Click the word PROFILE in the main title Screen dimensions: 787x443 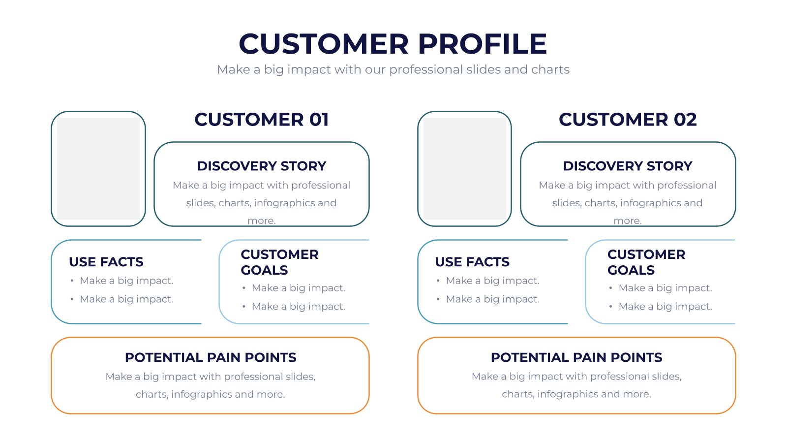click(x=482, y=44)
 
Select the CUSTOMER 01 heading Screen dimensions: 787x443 click(x=261, y=120)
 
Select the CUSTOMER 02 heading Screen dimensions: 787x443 click(x=628, y=120)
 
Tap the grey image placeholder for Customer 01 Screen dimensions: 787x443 click(x=98, y=169)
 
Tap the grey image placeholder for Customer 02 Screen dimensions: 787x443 click(x=464, y=169)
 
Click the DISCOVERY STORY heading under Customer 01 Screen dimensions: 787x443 click(x=261, y=166)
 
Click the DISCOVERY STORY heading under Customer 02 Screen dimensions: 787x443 click(x=628, y=166)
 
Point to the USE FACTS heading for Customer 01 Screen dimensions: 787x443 click(x=106, y=262)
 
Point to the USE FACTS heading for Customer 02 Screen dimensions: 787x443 click(x=472, y=262)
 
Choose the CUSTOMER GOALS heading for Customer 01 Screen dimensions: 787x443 click(x=280, y=262)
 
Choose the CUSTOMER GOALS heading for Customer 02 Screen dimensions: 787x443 click(x=646, y=262)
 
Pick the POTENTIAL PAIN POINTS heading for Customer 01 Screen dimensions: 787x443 click(x=211, y=357)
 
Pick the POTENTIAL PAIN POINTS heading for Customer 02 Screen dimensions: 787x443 click(x=576, y=357)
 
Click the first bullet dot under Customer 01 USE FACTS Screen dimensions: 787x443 click(x=72, y=281)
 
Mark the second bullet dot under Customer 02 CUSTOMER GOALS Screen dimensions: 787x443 click(x=610, y=307)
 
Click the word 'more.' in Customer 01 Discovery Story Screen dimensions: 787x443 click(x=261, y=221)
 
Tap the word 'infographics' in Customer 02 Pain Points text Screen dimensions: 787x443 click(x=561, y=394)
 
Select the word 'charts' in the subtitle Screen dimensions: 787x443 click(x=550, y=69)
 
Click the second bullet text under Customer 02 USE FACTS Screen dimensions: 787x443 click(x=492, y=299)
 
